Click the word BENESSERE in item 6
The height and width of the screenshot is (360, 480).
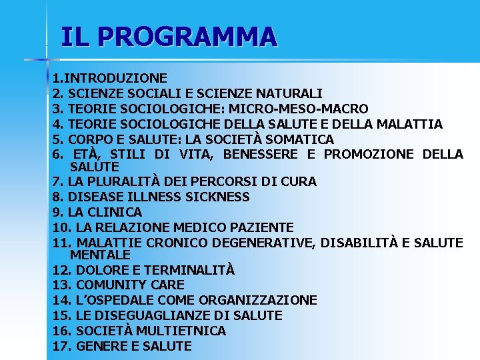[262, 155]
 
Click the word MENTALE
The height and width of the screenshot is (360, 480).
[101, 255]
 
